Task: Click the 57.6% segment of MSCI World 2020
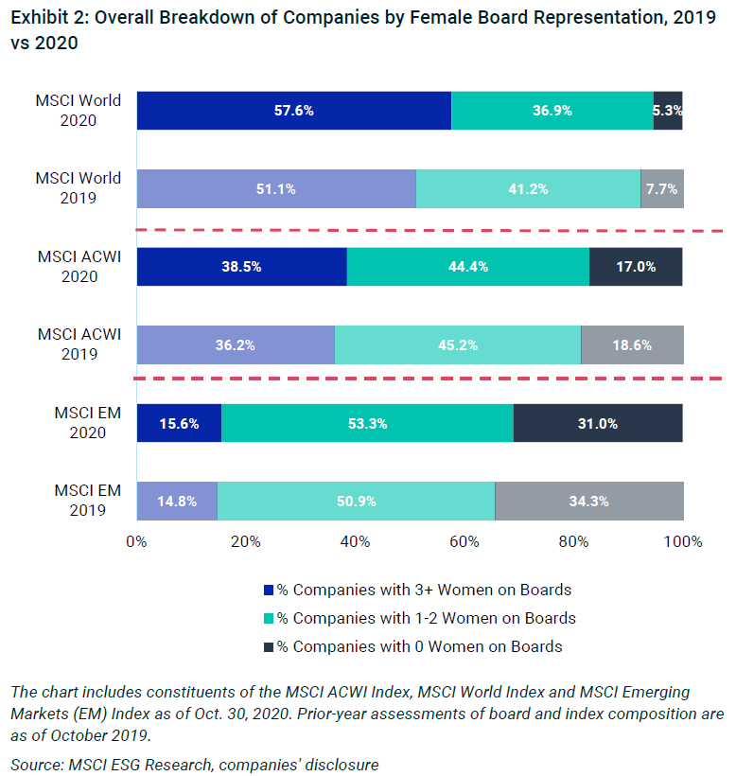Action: coord(294,111)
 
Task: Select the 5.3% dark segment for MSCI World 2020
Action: coord(668,111)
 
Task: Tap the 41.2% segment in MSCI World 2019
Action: coord(528,188)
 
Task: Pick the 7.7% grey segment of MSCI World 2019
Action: coord(662,188)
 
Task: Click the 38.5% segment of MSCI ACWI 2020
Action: coord(242,267)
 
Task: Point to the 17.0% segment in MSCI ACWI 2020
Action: coord(636,267)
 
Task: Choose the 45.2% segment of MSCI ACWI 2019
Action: coord(458,344)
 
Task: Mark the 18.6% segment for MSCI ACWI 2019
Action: coord(632,344)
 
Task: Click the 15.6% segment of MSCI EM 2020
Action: coord(179,423)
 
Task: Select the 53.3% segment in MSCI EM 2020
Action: coord(367,423)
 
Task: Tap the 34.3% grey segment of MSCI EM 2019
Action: coord(589,501)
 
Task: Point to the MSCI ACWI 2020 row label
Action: coord(79,267)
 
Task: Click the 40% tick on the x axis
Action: coord(355,542)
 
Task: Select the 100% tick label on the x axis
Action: coord(683,542)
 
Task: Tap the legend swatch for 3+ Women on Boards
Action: coord(269,591)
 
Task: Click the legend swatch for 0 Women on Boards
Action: coord(269,647)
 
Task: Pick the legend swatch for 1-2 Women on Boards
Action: coord(269,619)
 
